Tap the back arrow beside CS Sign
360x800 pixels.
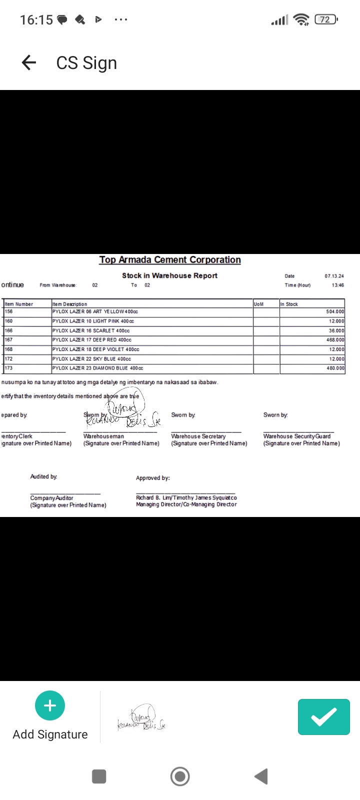[29, 62]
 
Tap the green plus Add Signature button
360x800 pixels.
[50, 705]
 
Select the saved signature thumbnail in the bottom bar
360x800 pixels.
[141, 718]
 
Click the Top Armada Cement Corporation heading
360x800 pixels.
[170, 260]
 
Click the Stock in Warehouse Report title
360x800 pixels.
[170, 275]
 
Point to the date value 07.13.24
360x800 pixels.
[334, 276]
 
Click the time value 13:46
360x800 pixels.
[337, 285]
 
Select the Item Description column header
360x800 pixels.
[70, 304]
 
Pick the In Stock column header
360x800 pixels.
[289, 304]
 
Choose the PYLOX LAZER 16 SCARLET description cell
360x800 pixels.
[91, 330]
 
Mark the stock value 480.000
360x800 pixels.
[335, 368]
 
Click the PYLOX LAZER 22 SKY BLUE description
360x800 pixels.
[92, 359]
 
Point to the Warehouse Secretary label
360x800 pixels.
[198, 436]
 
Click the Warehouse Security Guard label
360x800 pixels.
[297, 436]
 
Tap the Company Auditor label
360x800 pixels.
[51, 498]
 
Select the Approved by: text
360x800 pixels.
[153, 478]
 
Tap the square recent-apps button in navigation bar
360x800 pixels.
[99, 776]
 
